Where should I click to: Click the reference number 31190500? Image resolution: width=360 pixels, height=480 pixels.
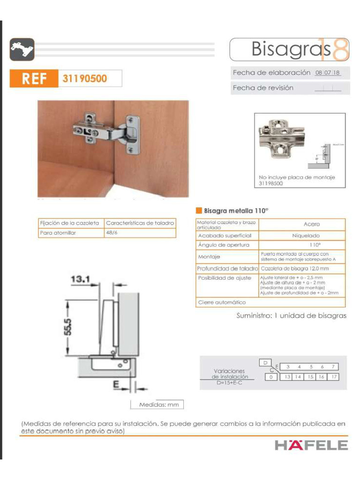(84, 78)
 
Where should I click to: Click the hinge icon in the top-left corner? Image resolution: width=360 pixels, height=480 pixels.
(22, 49)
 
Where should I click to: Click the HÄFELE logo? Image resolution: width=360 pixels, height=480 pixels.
(311, 445)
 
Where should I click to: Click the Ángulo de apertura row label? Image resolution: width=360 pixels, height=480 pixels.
(221, 245)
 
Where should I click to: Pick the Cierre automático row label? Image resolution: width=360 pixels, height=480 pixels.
(222, 302)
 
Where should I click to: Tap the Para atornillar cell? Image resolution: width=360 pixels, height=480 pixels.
(59, 232)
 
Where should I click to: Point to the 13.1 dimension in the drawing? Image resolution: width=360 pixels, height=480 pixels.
(80, 279)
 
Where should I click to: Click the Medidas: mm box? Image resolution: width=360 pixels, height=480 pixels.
(157, 405)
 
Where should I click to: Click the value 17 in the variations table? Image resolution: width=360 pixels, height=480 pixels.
(333, 376)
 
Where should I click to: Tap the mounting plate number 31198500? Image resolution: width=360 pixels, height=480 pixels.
(270, 184)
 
